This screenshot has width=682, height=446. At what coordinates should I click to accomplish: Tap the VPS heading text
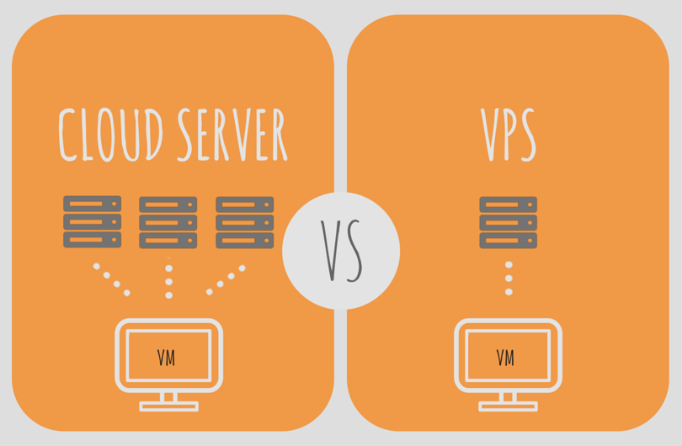tap(508, 135)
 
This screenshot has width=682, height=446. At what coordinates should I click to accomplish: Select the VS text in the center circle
tap(341, 251)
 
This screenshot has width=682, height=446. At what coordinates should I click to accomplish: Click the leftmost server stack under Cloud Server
tap(93, 222)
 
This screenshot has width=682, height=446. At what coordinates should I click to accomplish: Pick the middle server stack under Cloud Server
tap(168, 222)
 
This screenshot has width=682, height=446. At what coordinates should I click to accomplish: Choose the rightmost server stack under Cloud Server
tap(245, 222)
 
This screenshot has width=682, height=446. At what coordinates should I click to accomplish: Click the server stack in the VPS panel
tap(509, 222)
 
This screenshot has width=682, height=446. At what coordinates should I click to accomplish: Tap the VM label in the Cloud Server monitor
tap(167, 358)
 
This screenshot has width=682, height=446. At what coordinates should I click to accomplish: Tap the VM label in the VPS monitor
tap(506, 358)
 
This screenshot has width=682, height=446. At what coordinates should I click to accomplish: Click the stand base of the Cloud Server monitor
tap(168, 407)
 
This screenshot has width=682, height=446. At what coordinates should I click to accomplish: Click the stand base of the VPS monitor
tap(509, 407)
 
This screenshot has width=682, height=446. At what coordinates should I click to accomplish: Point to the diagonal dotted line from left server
tap(112, 279)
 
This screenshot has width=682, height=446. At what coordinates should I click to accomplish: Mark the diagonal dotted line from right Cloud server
tap(226, 280)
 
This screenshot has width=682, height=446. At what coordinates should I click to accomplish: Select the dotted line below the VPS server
tap(509, 278)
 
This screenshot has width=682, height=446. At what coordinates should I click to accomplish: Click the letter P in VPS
tap(509, 135)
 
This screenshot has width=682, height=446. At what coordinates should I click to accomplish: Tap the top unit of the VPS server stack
tap(509, 204)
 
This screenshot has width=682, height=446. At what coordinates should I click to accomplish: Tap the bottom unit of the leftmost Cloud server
tap(93, 240)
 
